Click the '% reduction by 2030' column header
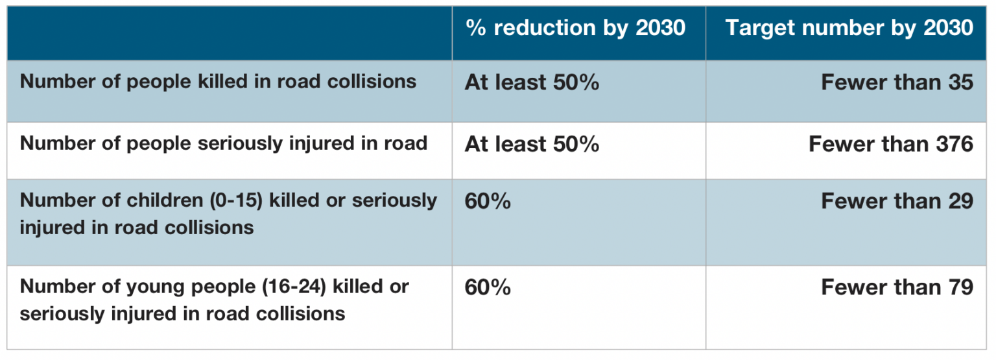(575, 28)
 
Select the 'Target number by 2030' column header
(849, 28)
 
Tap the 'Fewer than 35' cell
(897, 82)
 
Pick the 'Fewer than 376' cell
(890, 143)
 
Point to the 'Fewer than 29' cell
(897, 201)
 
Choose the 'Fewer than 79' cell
(897, 287)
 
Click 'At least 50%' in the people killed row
(532, 82)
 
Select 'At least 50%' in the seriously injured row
(532, 143)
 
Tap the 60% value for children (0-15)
(488, 201)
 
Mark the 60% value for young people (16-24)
(488, 287)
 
